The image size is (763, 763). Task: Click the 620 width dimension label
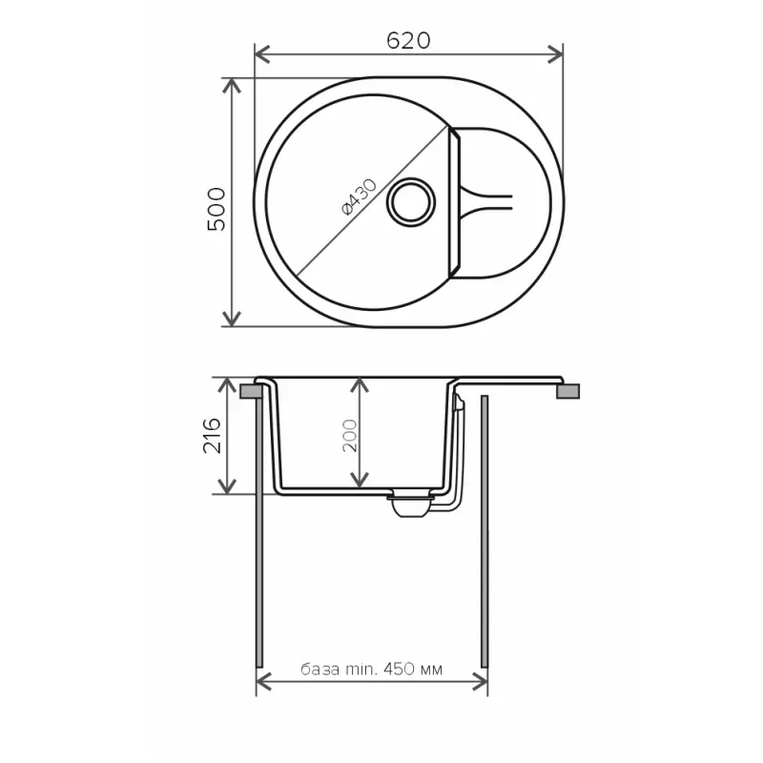[409, 41]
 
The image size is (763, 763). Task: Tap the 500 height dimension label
[217, 209]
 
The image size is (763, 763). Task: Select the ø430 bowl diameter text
[360, 197]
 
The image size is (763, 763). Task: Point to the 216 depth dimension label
[212, 436]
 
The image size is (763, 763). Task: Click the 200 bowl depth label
[350, 436]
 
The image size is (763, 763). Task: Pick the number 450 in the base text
[399, 670]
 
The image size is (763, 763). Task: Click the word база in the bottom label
[320, 670]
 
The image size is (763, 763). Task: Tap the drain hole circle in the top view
[411, 202]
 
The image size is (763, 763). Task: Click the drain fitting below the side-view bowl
[411, 504]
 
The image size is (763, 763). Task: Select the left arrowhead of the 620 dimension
[261, 54]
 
